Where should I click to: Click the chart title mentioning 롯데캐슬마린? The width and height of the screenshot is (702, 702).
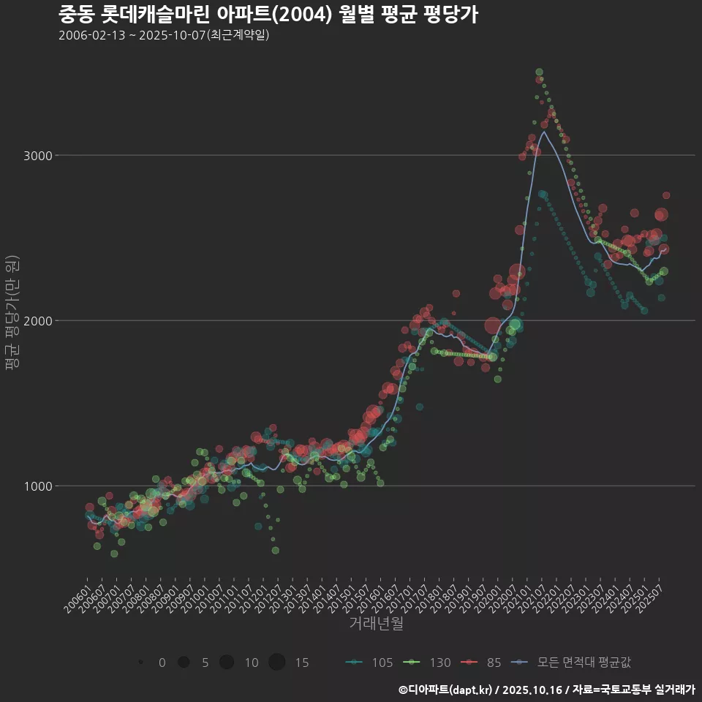tap(268, 15)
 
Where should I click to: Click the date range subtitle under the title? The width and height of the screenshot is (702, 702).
tap(164, 35)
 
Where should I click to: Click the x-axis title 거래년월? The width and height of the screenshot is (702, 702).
tap(376, 624)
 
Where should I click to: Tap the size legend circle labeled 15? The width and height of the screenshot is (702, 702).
tap(276, 663)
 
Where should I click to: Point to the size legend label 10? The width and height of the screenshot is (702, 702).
tap(252, 663)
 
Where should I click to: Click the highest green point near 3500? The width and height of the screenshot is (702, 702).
tap(539, 72)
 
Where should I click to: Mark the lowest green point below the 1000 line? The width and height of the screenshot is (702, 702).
tap(114, 554)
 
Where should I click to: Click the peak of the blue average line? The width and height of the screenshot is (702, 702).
tap(543, 132)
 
